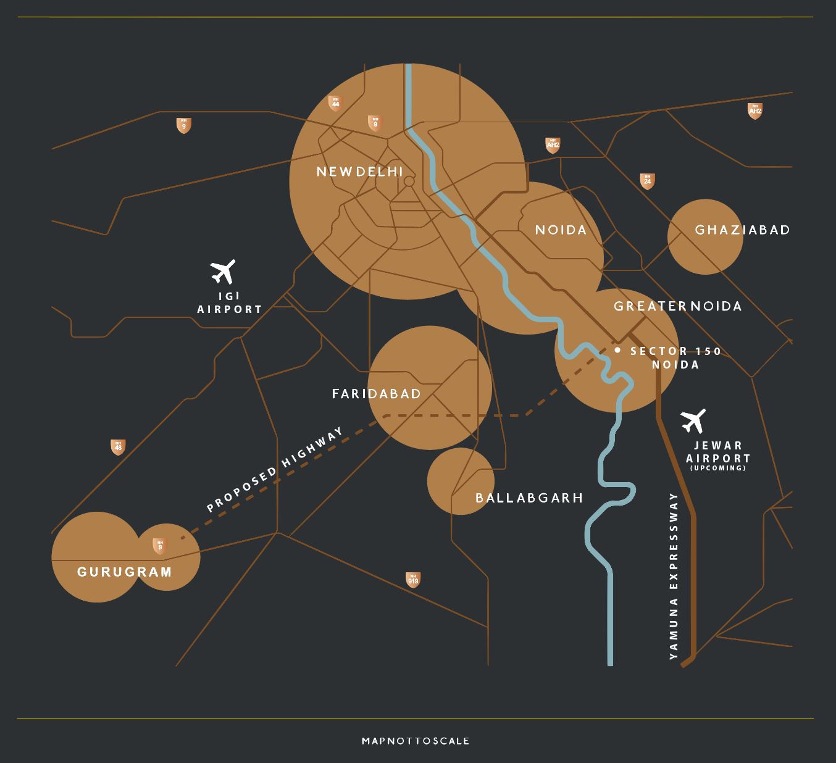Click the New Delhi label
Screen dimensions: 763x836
click(x=359, y=172)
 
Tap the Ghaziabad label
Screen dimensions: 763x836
click(x=742, y=230)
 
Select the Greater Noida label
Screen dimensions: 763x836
click(x=677, y=306)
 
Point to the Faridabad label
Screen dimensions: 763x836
click(x=377, y=394)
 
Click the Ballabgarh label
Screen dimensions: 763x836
click(x=529, y=498)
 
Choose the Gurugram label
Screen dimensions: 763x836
click(x=124, y=572)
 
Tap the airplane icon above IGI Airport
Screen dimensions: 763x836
click(x=223, y=272)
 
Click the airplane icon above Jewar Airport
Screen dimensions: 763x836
click(x=694, y=421)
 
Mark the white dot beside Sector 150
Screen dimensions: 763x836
click(x=617, y=350)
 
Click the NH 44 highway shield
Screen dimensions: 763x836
click(x=335, y=103)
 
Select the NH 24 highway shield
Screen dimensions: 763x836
click(x=647, y=181)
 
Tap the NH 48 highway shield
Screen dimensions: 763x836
click(x=118, y=447)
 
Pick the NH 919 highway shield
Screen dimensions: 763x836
click(x=413, y=580)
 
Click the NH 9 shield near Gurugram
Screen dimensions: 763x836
click(x=160, y=546)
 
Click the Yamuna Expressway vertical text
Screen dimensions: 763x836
click(x=674, y=576)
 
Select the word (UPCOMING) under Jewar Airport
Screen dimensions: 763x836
click(x=718, y=468)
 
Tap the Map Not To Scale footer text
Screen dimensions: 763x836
click(x=416, y=741)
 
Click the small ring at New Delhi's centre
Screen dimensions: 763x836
click(x=409, y=181)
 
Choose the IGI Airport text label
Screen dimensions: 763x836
click(x=230, y=303)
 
